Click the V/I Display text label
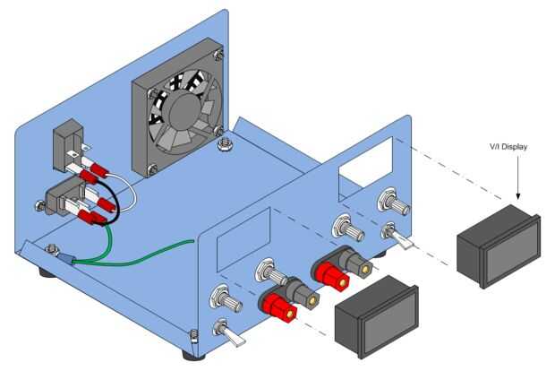pyautogui.click(x=508, y=147)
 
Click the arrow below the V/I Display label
pyautogui.click(x=517, y=177)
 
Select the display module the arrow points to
pyautogui.click(x=499, y=246)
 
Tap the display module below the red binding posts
pyautogui.click(x=377, y=316)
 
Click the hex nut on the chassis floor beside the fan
pyautogui.click(x=224, y=144)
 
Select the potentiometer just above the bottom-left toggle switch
pyautogui.click(x=226, y=299)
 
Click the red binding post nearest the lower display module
pyautogui.click(x=279, y=306)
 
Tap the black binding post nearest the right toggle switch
pyautogui.click(x=359, y=264)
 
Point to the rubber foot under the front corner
pyautogui.click(x=193, y=355)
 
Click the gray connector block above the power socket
pyautogui.click(x=68, y=145)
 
